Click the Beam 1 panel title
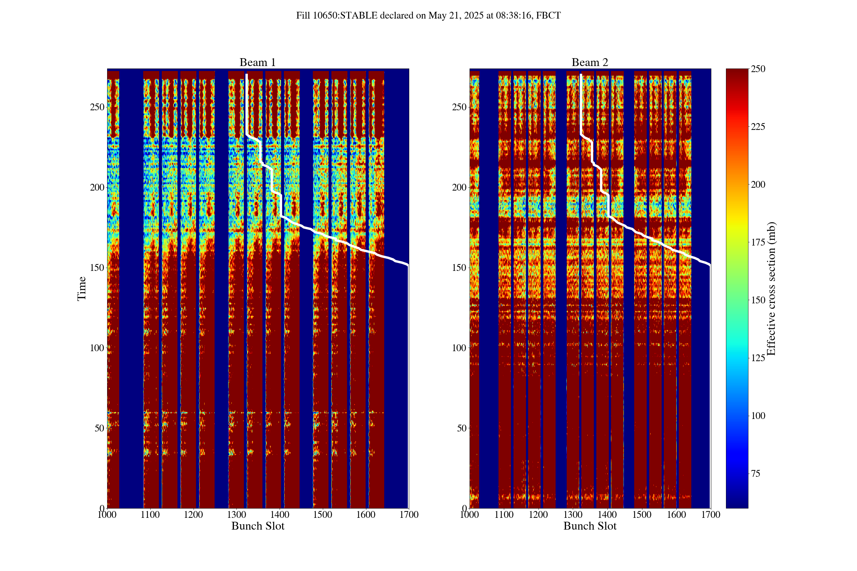(257, 62)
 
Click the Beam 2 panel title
(590, 62)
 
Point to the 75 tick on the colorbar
(755, 474)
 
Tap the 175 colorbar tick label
(758, 242)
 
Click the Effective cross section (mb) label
(771, 288)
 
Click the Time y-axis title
(82, 288)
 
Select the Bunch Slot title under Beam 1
(257, 526)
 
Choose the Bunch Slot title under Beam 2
(590, 526)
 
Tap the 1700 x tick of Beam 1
(409, 515)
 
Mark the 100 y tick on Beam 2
(459, 348)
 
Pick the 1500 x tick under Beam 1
(322, 515)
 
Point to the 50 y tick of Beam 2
(462, 428)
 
